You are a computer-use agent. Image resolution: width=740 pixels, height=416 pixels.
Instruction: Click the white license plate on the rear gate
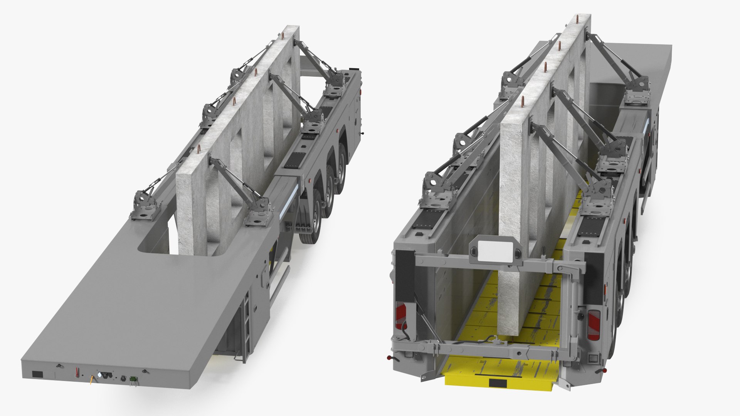(x=490, y=250)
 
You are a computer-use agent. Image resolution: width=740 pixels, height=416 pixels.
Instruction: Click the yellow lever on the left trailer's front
(x=91, y=381)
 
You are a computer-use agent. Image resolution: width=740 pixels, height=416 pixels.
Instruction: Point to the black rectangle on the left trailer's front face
(x=37, y=374)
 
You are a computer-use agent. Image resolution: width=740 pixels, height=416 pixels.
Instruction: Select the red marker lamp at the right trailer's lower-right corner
(x=605, y=371)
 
